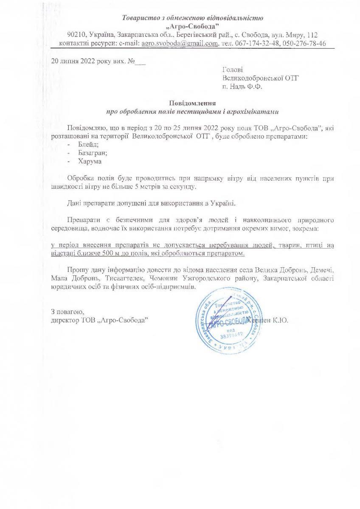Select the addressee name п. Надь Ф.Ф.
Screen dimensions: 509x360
click(x=242, y=87)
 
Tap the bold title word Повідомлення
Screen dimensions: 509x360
click(x=193, y=103)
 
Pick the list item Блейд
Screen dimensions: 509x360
click(x=86, y=145)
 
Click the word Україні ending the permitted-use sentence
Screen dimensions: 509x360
click(x=223, y=203)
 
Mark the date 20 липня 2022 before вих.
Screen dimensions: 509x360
click(x=79, y=61)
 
